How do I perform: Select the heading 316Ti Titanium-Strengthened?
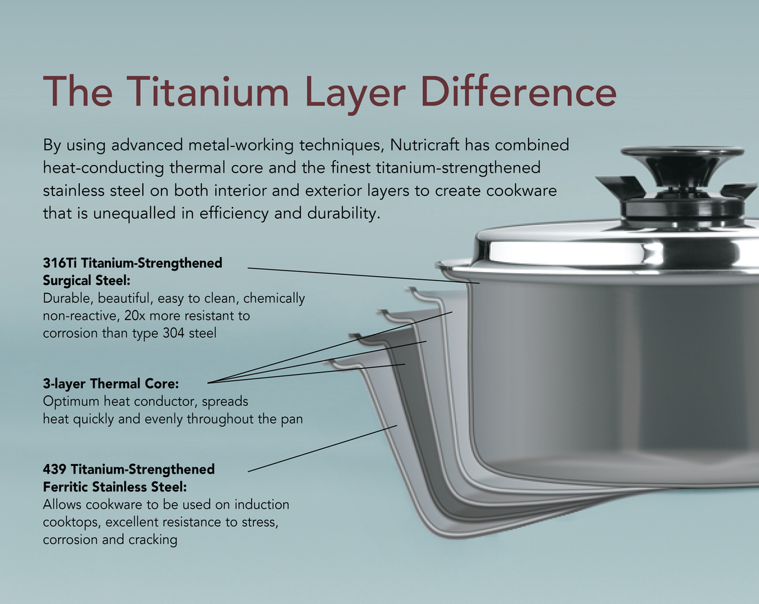tap(132, 263)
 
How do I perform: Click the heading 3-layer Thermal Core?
tap(110, 384)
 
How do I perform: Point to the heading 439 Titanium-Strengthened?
tap(128, 469)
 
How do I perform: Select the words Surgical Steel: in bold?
tap(87, 281)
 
